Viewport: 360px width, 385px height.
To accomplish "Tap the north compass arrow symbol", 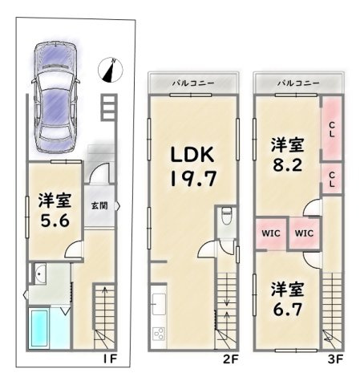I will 108,71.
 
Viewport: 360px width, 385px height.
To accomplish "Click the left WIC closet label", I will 269,233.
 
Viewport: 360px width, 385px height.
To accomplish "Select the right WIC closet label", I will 303,233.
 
